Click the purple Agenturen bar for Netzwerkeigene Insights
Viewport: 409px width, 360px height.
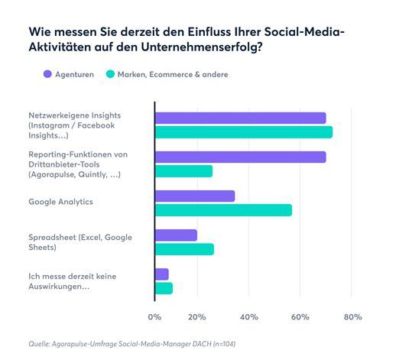coord(240,118)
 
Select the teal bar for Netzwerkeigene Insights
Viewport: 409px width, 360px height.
coord(243,132)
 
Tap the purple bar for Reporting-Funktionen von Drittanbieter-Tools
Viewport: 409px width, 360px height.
coord(240,157)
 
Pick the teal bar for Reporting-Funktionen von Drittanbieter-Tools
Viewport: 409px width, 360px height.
coord(183,171)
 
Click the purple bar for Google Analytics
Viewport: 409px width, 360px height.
coord(194,196)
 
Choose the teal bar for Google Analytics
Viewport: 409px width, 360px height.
coord(223,210)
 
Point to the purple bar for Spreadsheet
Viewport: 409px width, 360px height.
coord(176,235)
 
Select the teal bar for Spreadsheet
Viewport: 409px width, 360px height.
coord(184,249)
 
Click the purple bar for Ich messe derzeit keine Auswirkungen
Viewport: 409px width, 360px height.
coord(161,274)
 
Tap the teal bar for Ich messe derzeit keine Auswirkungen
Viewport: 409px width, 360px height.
coord(164,288)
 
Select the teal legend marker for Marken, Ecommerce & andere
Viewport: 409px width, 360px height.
coord(110,74)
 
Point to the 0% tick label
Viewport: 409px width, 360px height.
coord(155,316)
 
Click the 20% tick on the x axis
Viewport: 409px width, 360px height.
coord(197,316)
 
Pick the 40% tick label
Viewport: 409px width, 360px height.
coord(249,316)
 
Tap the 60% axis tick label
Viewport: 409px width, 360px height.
coord(300,316)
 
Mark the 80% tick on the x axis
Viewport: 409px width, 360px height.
coord(352,316)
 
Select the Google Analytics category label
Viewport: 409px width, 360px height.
coord(60,202)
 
